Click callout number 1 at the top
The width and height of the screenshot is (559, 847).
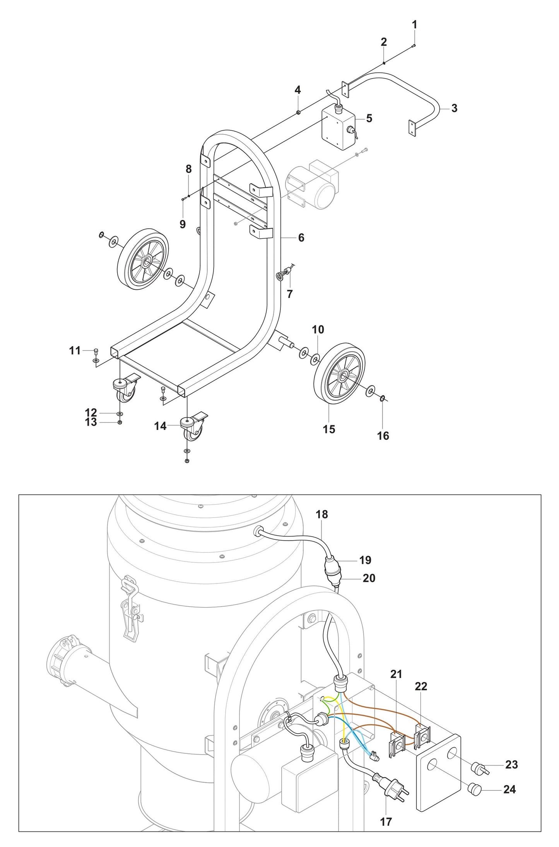pos(414,25)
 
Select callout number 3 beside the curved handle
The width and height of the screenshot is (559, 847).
pos(454,108)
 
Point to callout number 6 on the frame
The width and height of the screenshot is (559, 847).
pos(301,238)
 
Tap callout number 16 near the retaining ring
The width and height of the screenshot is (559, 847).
pos(383,436)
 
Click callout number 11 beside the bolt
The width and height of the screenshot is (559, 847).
pos(75,351)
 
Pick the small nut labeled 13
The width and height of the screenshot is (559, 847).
pos(120,423)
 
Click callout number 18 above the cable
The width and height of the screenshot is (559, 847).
pos(321,514)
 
